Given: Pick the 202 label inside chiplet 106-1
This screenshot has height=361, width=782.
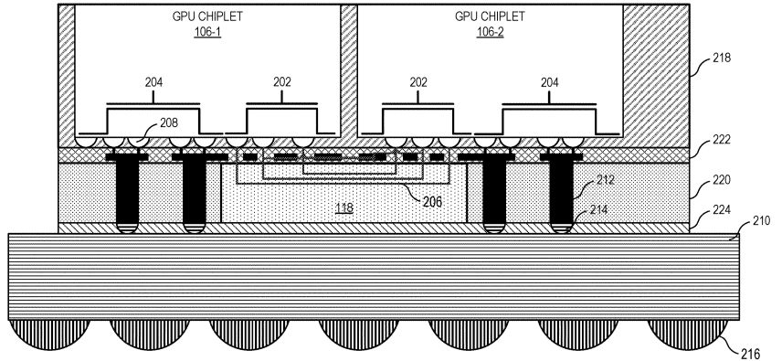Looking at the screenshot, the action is pyautogui.click(x=282, y=82).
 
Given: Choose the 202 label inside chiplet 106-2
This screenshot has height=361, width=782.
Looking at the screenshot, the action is pyautogui.click(x=418, y=82).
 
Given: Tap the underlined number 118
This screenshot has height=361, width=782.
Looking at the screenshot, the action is pyautogui.click(x=343, y=208).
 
